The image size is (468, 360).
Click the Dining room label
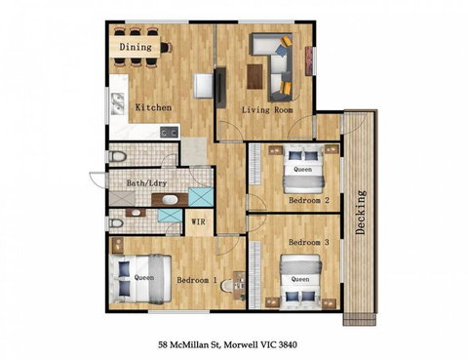136,46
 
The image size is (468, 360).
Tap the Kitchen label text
153,107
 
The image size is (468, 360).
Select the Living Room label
268,110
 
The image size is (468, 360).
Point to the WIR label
198,222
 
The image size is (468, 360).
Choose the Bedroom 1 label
197,280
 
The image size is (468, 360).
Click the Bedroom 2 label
308,200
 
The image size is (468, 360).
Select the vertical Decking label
361,213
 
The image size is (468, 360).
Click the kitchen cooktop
168,131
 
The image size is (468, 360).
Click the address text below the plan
232,345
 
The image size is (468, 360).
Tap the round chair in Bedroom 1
228,286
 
